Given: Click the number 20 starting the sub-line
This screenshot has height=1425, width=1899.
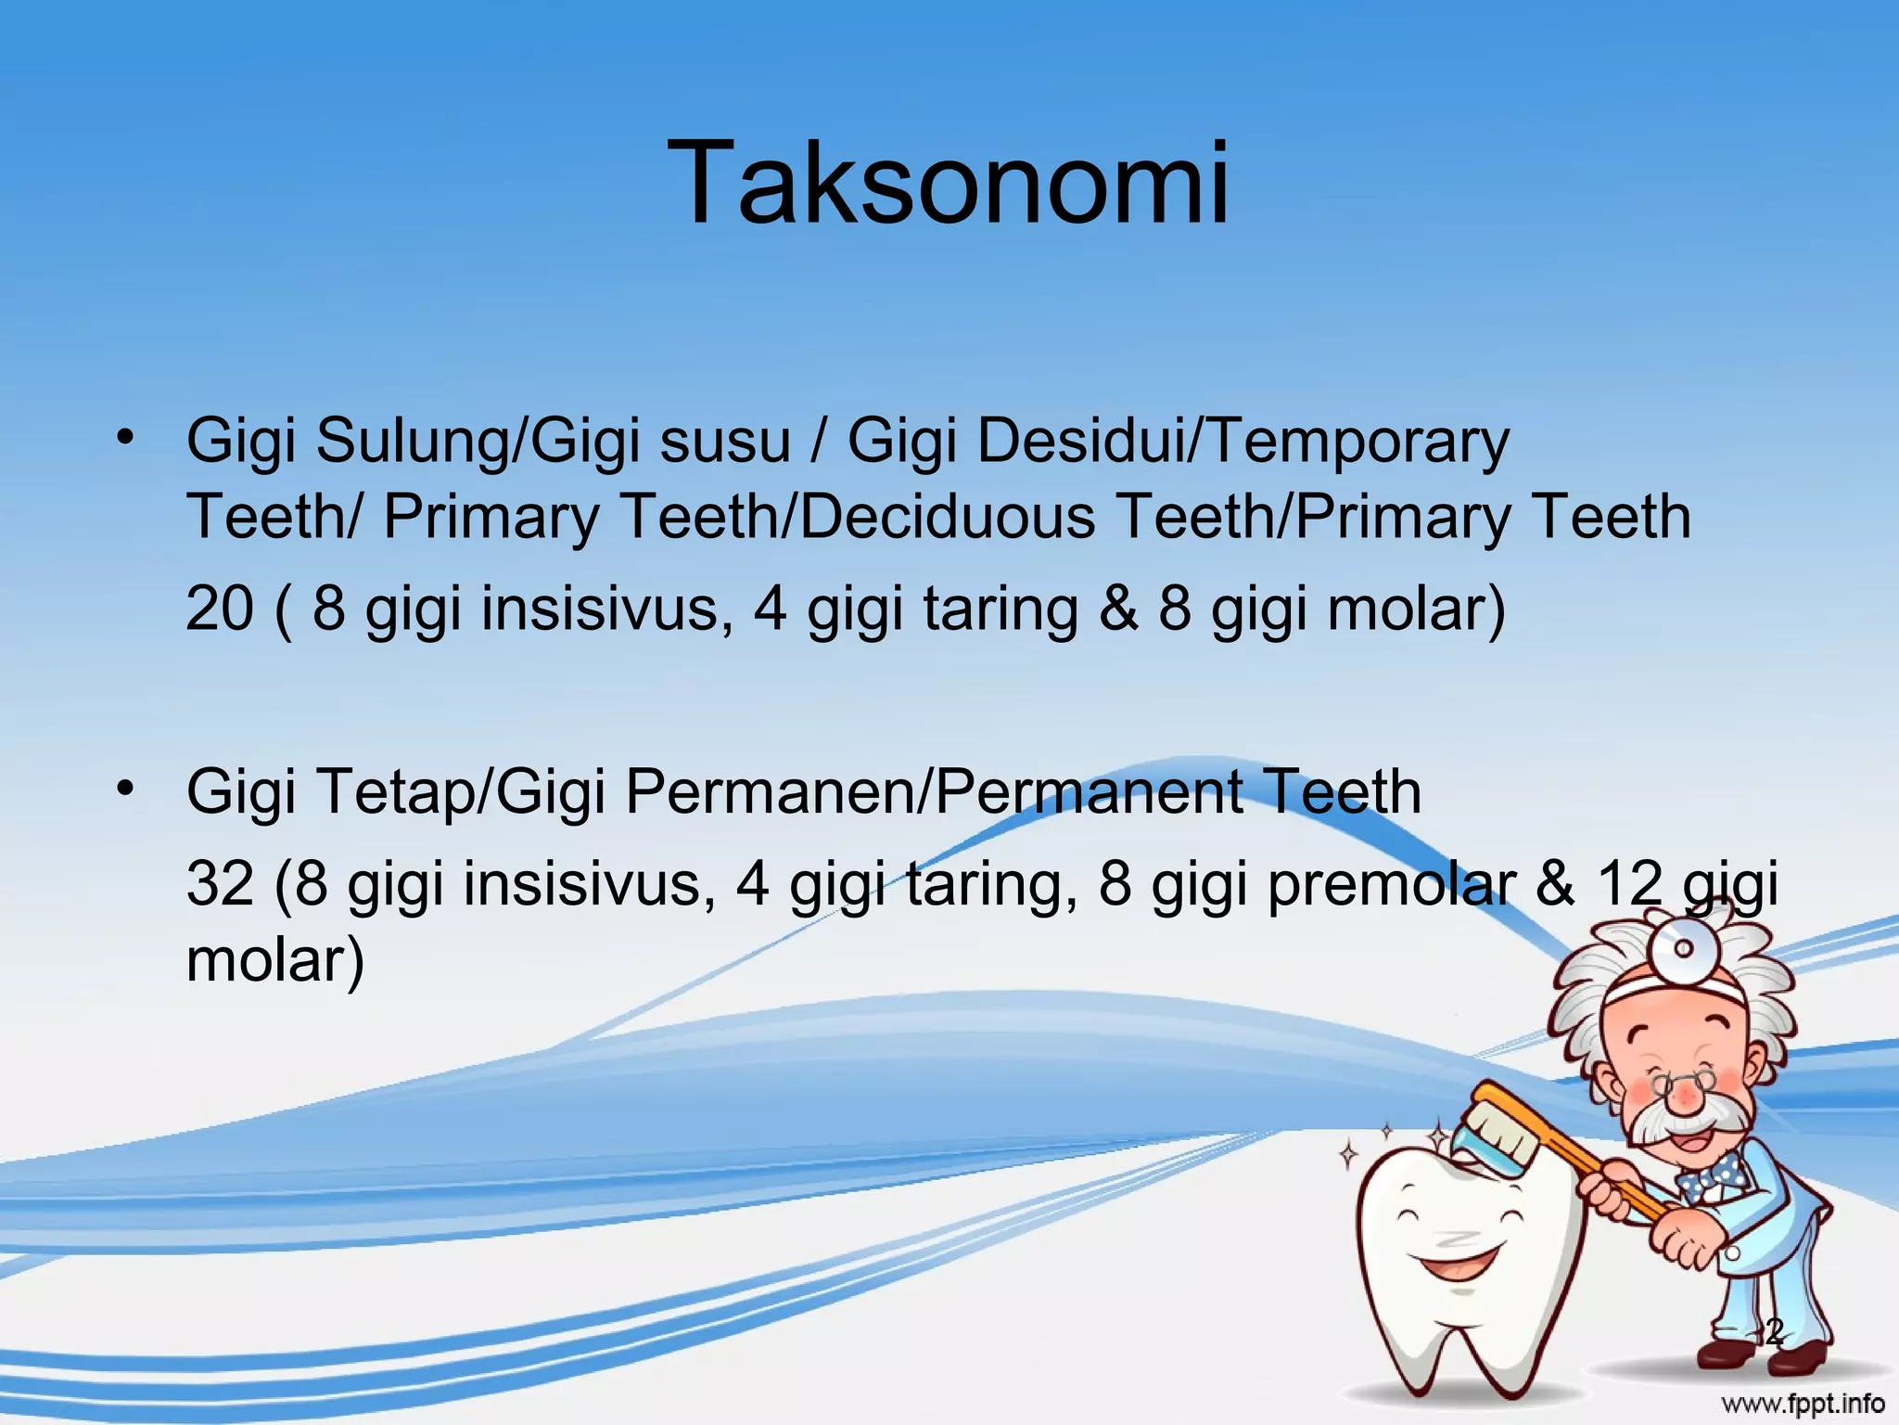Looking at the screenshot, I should click(x=220, y=610).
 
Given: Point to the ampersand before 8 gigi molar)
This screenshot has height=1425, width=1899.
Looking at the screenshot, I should click(x=1117, y=610).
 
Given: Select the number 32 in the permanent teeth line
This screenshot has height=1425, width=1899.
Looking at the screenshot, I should click(x=220, y=883).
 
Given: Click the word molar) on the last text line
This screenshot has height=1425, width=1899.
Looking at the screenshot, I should click(x=275, y=959).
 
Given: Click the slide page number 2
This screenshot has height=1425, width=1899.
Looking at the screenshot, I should click(x=1773, y=1334).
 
